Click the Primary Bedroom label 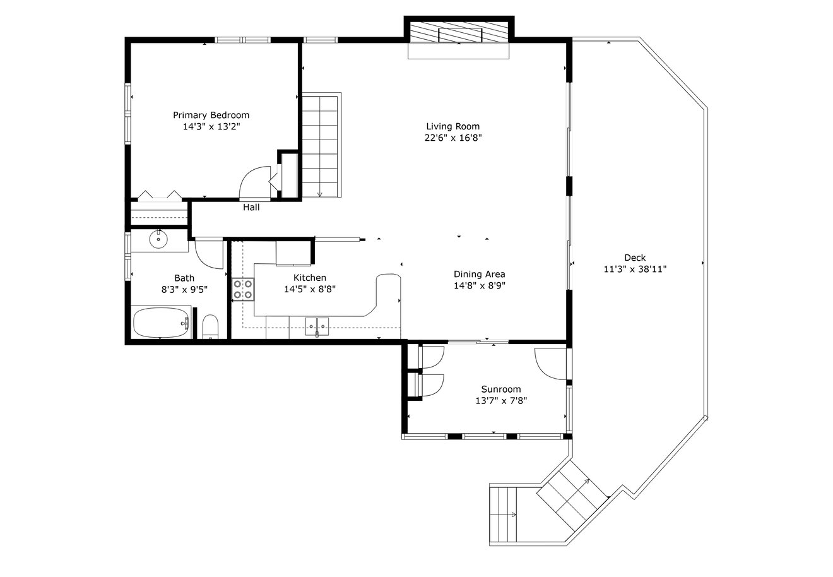click(211, 116)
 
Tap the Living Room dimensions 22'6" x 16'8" click(453, 138)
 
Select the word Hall click(251, 207)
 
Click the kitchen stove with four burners click(243, 289)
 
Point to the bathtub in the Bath click(161, 323)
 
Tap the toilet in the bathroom click(210, 326)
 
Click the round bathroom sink click(158, 239)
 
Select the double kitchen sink click(317, 326)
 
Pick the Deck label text click(635, 258)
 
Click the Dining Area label click(480, 274)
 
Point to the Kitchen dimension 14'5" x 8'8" click(310, 289)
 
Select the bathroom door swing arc click(204, 259)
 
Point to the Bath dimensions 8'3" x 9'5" click(184, 289)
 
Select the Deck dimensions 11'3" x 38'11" click(635, 269)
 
